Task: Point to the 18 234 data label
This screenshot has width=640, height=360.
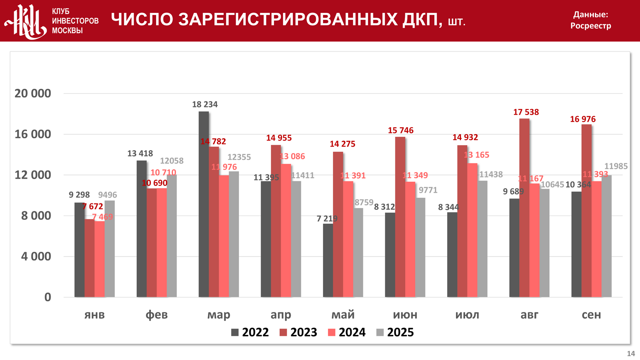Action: click(205, 104)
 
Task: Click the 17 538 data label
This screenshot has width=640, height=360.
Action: click(526, 112)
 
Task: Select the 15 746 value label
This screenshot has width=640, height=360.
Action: click(400, 130)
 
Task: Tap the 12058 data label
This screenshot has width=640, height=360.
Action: click(171, 161)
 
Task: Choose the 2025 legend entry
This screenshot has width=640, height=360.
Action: click(395, 332)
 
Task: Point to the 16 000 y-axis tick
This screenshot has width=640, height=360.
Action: click(33, 134)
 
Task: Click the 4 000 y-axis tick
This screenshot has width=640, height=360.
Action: click(36, 256)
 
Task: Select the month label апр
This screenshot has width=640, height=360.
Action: click(281, 315)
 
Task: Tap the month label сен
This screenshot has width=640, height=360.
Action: click(591, 315)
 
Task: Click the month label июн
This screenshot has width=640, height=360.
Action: click(405, 315)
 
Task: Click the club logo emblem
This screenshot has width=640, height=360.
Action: click(26, 21)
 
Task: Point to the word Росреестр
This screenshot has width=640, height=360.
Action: click(590, 26)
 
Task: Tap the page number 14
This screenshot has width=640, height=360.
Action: click(631, 354)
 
